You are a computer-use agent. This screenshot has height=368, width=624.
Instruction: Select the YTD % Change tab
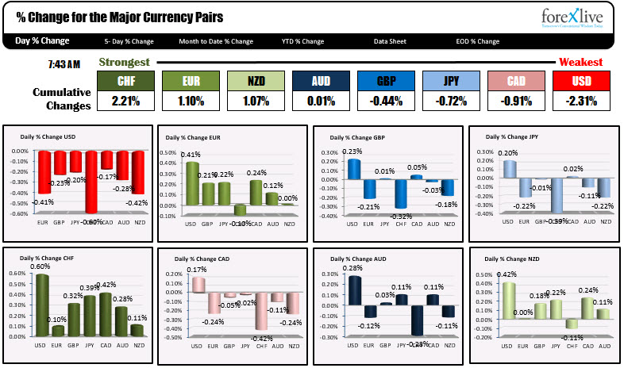click(302, 41)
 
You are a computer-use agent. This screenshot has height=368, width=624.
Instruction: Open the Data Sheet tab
click(391, 41)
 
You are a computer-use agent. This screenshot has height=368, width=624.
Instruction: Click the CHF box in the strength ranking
click(125, 81)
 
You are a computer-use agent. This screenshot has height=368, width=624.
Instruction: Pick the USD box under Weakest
click(581, 81)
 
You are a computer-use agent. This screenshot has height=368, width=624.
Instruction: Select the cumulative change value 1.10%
click(191, 101)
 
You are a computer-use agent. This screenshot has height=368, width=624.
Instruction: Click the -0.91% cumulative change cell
click(516, 101)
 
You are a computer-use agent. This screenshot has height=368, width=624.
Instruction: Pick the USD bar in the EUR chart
click(191, 182)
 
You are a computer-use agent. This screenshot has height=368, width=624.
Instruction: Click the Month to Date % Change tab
click(216, 41)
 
